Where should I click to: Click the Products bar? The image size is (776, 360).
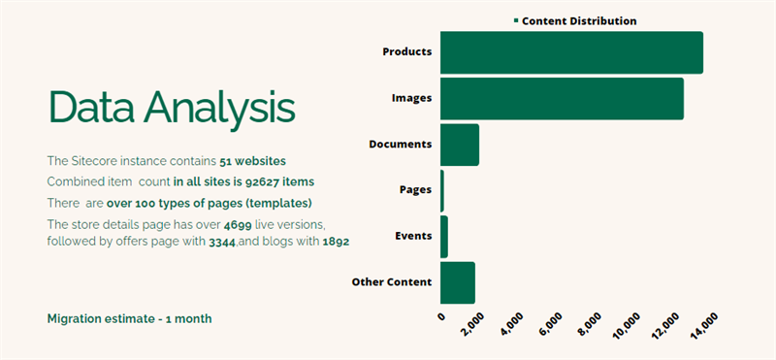coord(571,52)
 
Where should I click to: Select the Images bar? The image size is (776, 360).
coord(562,99)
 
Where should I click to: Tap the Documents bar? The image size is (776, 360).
coord(460,145)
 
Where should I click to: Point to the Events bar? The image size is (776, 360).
coord(444,237)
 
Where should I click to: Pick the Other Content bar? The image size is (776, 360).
coord(458,282)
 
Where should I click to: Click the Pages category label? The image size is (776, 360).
coord(415,190)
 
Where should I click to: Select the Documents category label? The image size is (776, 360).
coord(400,145)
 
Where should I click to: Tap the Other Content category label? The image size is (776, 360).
coord(391,282)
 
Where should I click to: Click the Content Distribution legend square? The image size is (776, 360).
coord(516,20)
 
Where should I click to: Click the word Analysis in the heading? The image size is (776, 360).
coord(219,107)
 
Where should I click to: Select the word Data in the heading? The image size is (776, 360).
coord(89,107)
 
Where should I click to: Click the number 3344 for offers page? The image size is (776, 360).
coord(221,242)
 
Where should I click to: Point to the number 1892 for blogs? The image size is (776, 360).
coord(335,242)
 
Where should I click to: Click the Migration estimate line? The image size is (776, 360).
coord(129,318)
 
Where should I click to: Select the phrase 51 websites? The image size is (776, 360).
coord(252,160)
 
